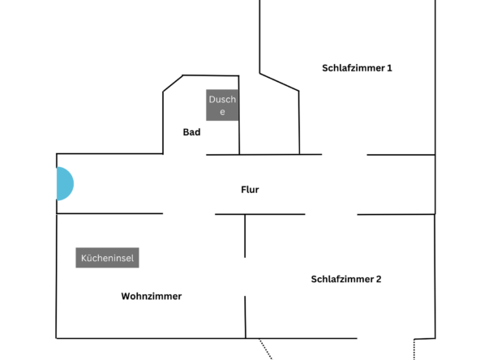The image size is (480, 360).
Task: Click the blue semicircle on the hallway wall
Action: point(65,184)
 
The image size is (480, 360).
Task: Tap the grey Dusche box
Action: point(222,105)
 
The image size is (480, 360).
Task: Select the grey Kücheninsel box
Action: point(108,258)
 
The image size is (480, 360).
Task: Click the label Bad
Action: point(191,132)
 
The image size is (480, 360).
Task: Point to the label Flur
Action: point(250,190)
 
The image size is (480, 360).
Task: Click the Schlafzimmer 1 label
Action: point(357,68)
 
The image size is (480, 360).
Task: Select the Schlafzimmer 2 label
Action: point(346,279)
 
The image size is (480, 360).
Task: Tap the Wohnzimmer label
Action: point(152,296)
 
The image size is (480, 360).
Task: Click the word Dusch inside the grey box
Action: point(222,99)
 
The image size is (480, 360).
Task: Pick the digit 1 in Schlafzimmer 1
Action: point(389,68)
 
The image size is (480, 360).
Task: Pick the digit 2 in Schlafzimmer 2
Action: point(379,279)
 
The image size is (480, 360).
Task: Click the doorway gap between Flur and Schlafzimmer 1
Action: point(345,155)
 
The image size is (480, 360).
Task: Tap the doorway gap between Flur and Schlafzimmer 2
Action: point(331,214)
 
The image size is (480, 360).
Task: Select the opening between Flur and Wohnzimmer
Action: point(189,214)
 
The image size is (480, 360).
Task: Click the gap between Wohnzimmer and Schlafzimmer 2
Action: point(245,276)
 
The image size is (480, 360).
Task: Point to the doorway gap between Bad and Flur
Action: point(185,154)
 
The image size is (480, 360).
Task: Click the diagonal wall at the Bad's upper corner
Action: point(173,84)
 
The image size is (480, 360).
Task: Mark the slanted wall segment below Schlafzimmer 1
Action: point(279,82)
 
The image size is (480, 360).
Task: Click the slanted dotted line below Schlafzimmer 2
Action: point(265,349)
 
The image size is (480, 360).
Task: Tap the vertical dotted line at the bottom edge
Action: point(414,349)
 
